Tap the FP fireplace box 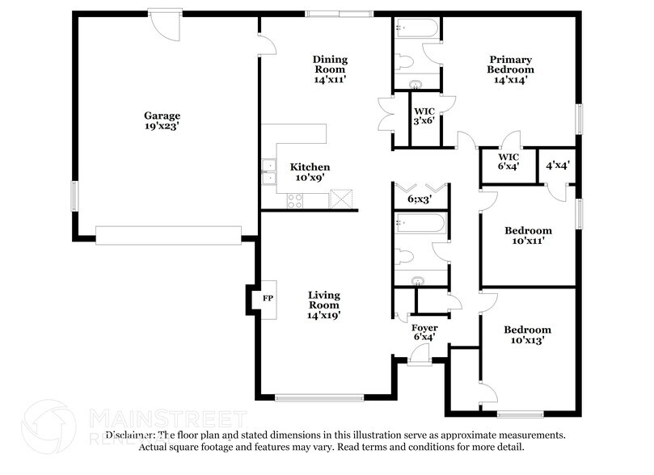[x=268, y=297]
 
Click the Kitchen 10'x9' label [x=310, y=172]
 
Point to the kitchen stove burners [x=293, y=203]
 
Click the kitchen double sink [x=267, y=169]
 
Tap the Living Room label [x=323, y=305]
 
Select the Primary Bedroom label [x=510, y=69]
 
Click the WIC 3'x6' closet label [x=424, y=116]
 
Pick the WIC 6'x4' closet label [x=508, y=162]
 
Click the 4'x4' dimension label [x=558, y=165]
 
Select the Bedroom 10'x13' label [x=527, y=334]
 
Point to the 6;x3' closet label [x=419, y=198]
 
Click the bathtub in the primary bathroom [x=417, y=29]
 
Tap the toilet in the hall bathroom [x=408, y=256]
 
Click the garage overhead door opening [x=168, y=234]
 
